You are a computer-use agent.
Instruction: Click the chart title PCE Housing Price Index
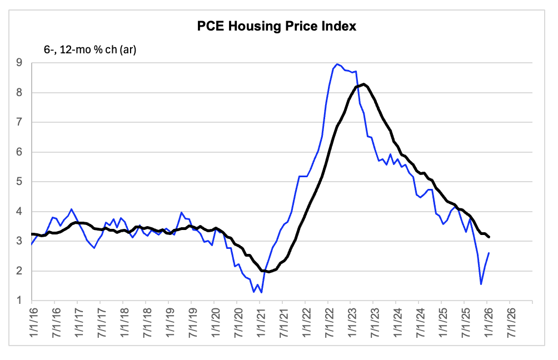click(276, 26)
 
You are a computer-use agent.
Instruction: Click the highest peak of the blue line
click(337, 64)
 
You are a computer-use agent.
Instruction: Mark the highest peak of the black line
click(363, 84)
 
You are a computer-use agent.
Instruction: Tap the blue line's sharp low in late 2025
click(481, 284)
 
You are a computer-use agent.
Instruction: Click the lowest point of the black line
click(269, 272)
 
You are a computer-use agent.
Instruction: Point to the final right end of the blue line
click(489, 253)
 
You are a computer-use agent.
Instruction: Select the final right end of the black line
click(489, 237)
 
